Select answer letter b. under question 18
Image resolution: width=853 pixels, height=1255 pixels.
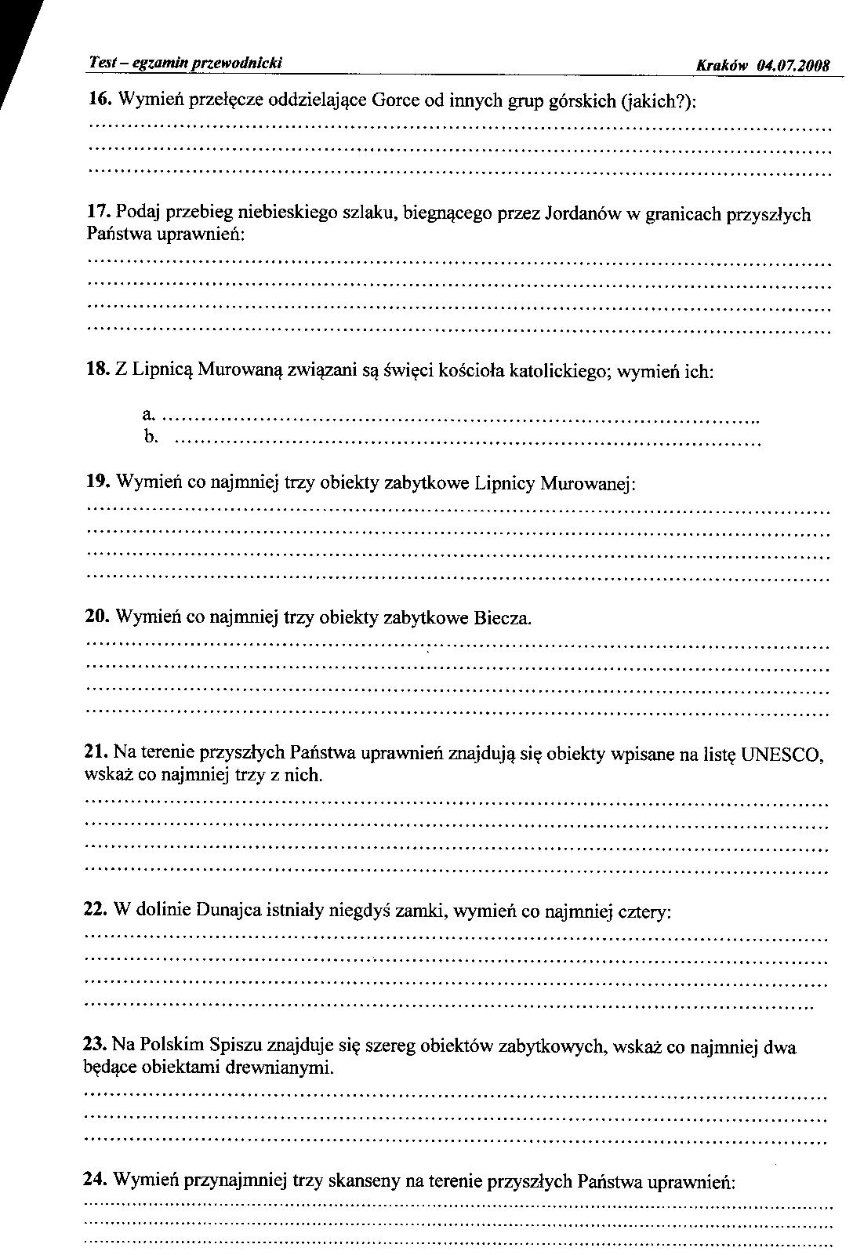[x=151, y=436]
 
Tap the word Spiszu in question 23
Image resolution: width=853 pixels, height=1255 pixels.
[x=237, y=1046]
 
